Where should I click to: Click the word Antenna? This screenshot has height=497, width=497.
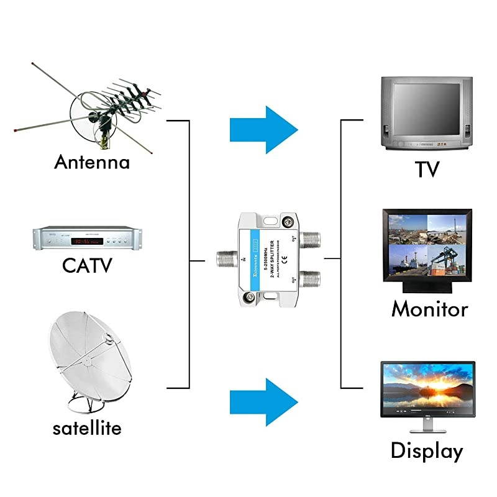pos(92,163)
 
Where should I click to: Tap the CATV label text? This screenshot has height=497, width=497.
pos(87,266)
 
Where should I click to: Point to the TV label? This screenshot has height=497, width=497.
pos(427,169)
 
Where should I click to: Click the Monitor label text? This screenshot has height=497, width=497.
pos(429,309)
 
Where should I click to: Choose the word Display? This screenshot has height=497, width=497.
pos(427,452)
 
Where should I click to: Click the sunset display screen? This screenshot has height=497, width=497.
pos(427,390)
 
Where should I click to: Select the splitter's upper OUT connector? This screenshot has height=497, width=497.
pos(308,237)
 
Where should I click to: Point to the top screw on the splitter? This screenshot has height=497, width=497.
pos(288,221)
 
